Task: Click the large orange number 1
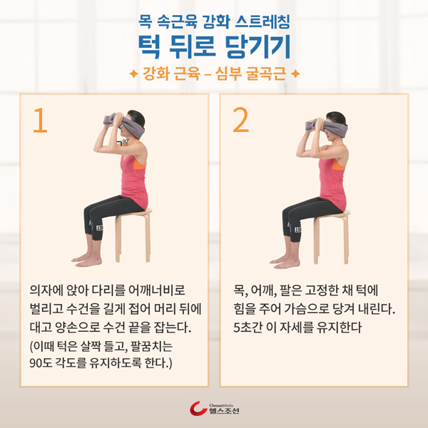[41, 121]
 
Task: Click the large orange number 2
[241, 120]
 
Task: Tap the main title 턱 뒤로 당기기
[214, 46]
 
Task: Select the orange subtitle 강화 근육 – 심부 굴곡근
[214, 73]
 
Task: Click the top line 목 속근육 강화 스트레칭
[214, 21]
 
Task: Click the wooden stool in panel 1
[133, 235]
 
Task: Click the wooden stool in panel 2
[332, 237]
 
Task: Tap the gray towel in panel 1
[125, 125]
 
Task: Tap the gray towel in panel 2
[326, 126]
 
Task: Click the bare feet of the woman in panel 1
[87, 260]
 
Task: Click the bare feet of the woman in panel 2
[285, 262]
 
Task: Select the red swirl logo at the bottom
[198, 408]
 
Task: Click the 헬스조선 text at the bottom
[224, 411]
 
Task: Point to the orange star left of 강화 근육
[133, 73]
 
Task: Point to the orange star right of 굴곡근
[295, 73]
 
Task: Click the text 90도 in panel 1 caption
[41, 363]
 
